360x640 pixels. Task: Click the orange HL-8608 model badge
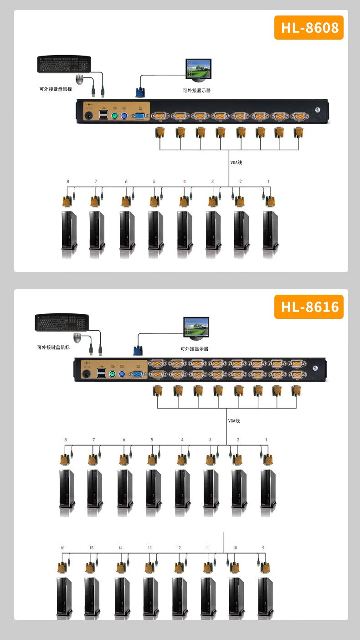pos(309,28)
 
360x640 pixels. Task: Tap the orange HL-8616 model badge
pos(309,307)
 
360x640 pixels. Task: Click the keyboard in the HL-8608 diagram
pos(64,64)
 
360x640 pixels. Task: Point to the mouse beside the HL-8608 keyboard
pos(80,80)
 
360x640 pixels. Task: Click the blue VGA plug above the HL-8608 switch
pos(140,92)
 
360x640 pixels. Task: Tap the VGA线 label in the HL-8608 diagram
pos(236,163)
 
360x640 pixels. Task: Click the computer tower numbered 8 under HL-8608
pos(69,230)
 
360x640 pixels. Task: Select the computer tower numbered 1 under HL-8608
pos(270,230)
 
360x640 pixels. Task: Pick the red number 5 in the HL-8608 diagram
pos(154,182)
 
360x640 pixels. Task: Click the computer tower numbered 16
pos(63,597)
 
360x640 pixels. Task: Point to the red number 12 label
pos(179,548)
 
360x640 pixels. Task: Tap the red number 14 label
pos(120,548)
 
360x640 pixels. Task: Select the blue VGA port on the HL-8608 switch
pos(139,116)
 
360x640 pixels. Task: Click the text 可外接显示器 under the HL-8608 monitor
pos(197,91)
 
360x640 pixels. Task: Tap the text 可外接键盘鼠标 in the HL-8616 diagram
pos(53,347)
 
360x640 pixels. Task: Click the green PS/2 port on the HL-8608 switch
pos(114,115)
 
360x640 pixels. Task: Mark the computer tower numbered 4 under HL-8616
pos(182,489)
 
